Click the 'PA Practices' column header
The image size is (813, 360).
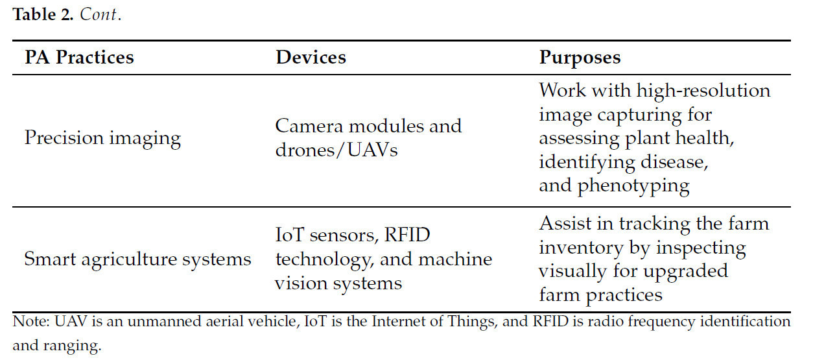pyautogui.click(x=79, y=57)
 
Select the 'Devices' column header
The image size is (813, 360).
pyautogui.click(x=311, y=57)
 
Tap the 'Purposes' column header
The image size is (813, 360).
pyautogui.click(x=580, y=57)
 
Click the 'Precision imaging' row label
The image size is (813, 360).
pyautogui.click(x=102, y=138)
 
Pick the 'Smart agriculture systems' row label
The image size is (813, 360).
pyautogui.click(x=137, y=259)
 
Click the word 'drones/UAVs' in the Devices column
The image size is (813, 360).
pyautogui.click(x=336, y=150)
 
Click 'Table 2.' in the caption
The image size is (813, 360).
pyautogui.click(x=43, y=15)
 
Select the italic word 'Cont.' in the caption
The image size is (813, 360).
pyautogui.click(x=100, y=15)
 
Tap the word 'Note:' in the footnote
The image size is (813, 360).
pyautogui.click(x=29, y=322)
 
